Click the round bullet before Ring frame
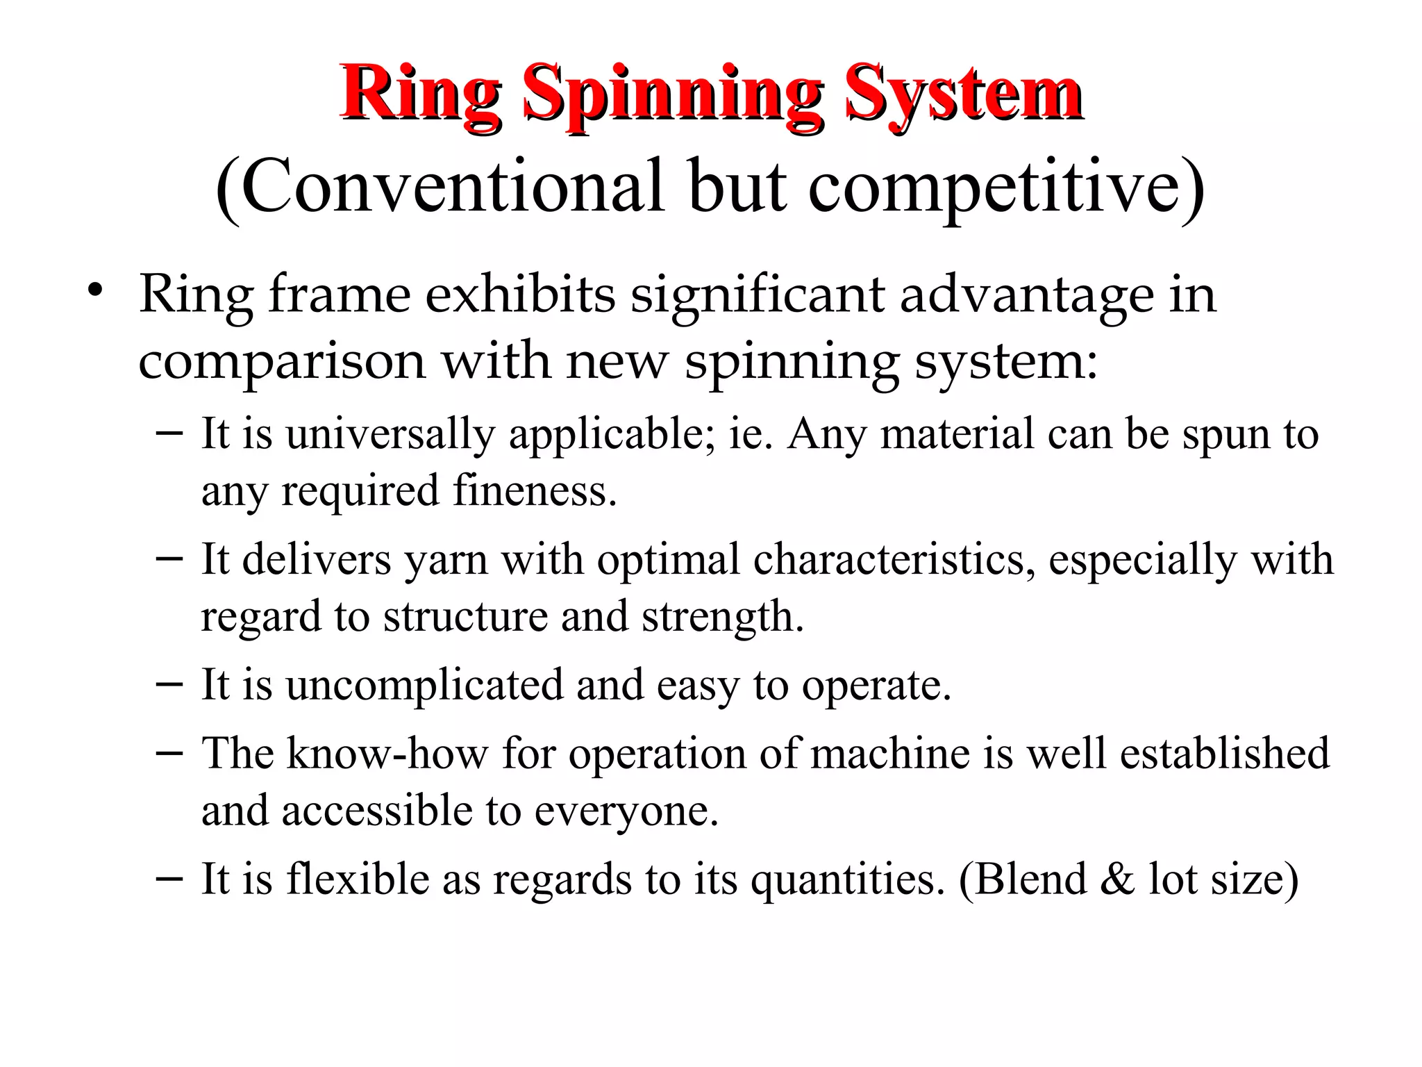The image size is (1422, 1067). [x=95, y=291]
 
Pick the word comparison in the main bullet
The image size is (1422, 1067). [x=282, y=362]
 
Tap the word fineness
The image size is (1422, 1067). [x=535, y=490]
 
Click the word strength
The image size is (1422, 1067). [x=722, y=617]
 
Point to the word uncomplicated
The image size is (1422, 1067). [x=424, y=685]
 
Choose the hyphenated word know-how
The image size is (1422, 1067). [x=387, y=754]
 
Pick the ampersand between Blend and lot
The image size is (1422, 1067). [x=1117, y=879]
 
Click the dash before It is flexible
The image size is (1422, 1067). [x=169, y=878]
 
